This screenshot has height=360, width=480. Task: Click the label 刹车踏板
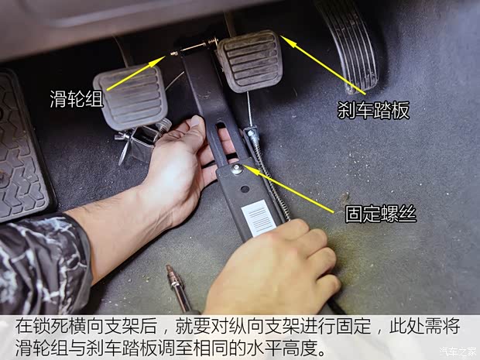373,110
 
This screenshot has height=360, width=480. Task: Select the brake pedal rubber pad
248,60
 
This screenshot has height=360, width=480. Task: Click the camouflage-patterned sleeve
39,263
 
